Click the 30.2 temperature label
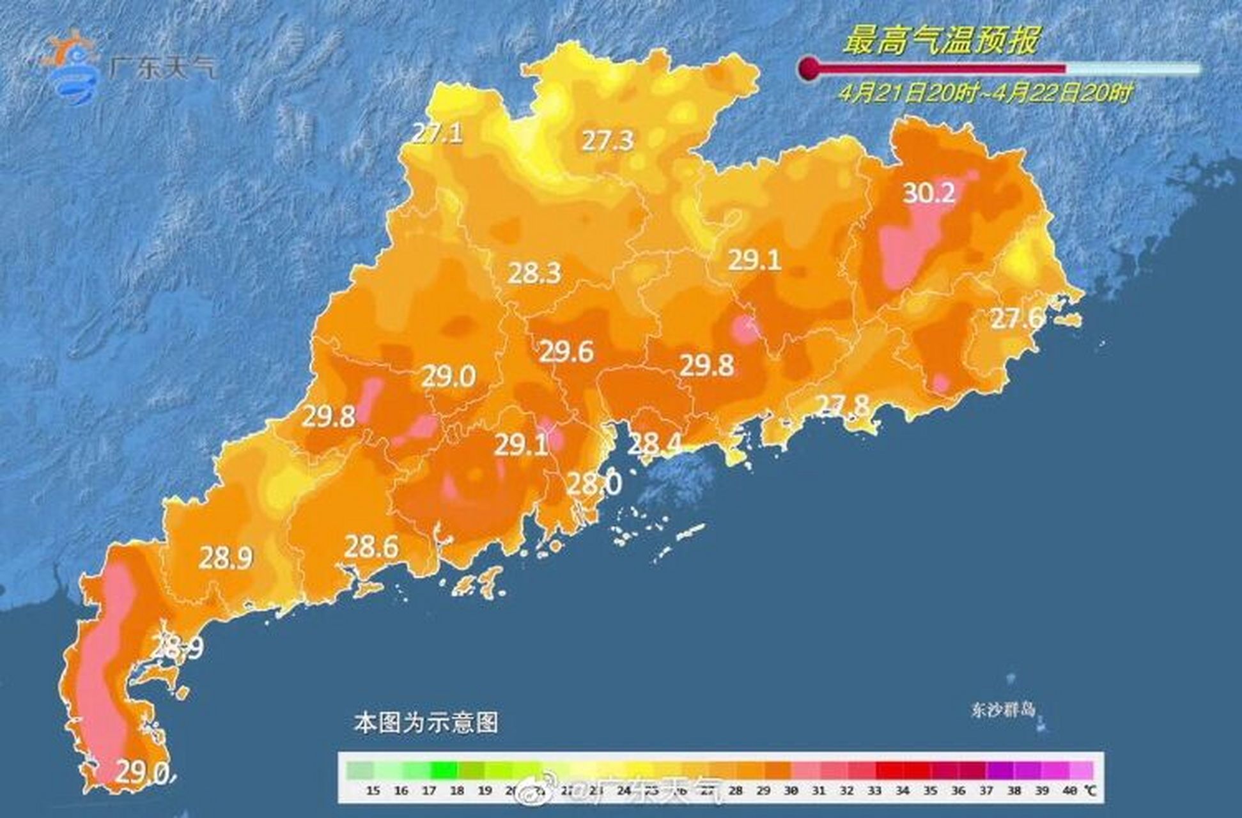(x=929, y=192)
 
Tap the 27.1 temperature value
(x=437, y=134)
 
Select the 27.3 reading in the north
(x=607, y=141)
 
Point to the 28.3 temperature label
(x=534, y=274)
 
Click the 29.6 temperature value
(x=566, y=351)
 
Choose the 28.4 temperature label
(x=653, y=443)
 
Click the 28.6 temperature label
(x=371, y=547)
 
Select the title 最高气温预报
(x=941, y=40)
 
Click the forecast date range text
(x=985, y=94)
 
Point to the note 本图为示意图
(x=426, y=723)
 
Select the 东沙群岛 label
(x=1002, y=709)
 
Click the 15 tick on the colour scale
(x=373, y=791)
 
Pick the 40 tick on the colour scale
(x=1069, y=791)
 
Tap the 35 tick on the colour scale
(x=929, y=791)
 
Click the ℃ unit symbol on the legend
(x=1090, y=791)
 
